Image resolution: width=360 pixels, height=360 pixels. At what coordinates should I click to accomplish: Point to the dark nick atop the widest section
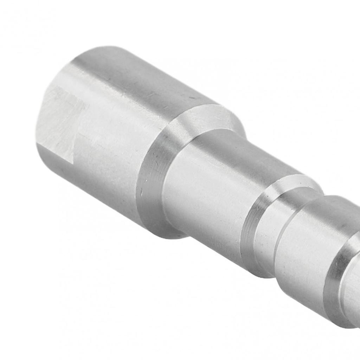click(x=192, y=97)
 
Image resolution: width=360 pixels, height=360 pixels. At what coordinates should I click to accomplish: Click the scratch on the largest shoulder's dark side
click(x=141, y=192)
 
